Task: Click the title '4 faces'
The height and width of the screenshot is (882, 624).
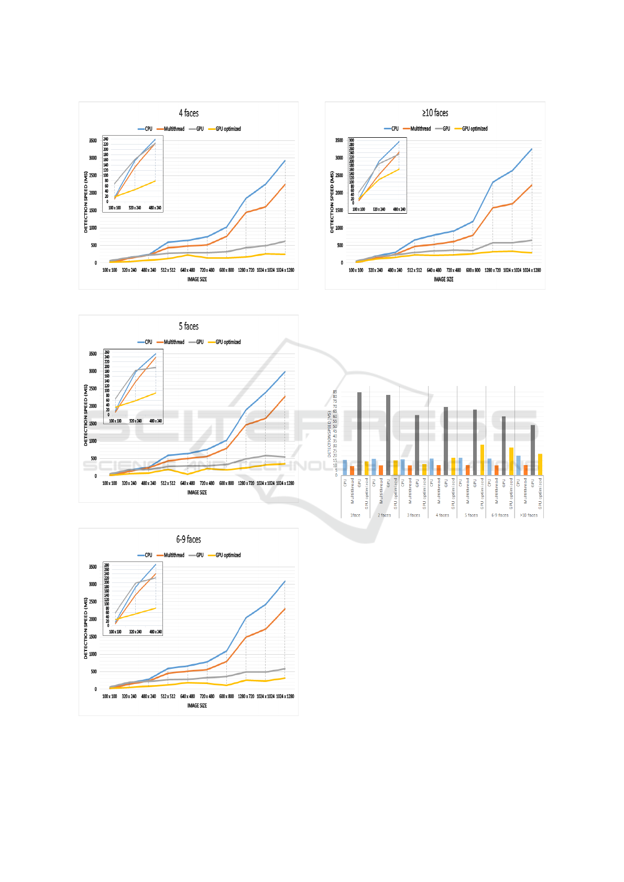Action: point(189,113)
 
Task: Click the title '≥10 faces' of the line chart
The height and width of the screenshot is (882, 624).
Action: point(435,113)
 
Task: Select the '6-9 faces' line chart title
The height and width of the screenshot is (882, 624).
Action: point(189,539)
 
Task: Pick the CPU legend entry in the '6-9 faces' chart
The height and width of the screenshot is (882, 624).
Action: point(145,555)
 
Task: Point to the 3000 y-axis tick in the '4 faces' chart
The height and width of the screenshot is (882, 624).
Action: point(92,158)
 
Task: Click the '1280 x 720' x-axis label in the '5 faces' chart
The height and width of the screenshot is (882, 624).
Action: point(246,483)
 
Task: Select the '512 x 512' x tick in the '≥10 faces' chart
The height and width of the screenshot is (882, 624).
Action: point(414,270)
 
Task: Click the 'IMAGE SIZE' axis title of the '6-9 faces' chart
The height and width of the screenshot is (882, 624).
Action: point(197,705)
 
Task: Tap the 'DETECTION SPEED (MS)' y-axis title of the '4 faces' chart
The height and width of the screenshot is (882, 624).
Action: point(86,202)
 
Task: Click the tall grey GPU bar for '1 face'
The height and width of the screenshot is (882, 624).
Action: point(359,434)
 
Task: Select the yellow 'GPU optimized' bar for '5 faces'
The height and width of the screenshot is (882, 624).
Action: point(482,460)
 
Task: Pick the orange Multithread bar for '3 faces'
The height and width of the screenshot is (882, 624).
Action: point(410,470)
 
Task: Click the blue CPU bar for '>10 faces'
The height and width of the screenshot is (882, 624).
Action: point(519,465)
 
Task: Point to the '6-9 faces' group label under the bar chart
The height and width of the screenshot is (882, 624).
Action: point(500,515)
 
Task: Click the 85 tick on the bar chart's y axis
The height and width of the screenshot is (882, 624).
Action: point(335,392)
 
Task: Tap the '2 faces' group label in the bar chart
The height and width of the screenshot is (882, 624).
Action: point(385,515)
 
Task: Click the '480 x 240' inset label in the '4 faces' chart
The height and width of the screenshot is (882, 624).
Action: point(155,208)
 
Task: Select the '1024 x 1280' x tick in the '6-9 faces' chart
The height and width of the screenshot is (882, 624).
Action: point(285,697)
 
